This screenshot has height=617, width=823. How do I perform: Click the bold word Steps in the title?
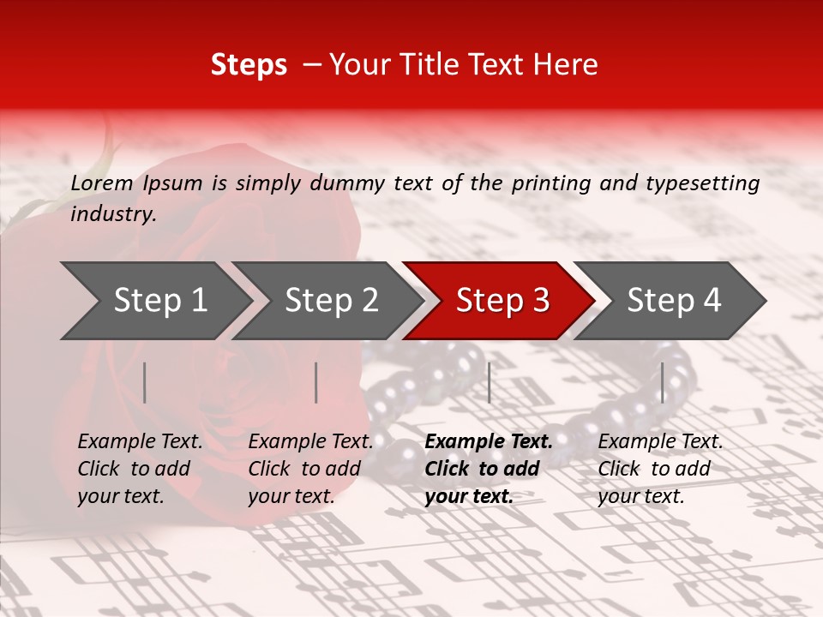tap(249, 65)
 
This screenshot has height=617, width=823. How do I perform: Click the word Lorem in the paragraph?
tap(102, 183)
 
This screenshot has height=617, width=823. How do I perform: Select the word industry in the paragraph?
tap(112, 214)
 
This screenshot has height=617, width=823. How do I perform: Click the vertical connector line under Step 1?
tap(145, 382)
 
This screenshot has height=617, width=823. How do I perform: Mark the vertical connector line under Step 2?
tap(316, 382)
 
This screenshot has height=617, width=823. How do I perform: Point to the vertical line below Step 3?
tap(489, 382)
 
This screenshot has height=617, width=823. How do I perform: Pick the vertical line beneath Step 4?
tap(662, 382)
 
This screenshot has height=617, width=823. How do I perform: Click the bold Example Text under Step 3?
tap(489, 442)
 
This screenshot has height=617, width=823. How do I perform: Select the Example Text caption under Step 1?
tap(140, 442)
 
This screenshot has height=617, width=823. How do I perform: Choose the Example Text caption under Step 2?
tap(310, 442)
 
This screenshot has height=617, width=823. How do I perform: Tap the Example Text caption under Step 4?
tap(660, 442)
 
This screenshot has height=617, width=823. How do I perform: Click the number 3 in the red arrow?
tap(539, 301)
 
